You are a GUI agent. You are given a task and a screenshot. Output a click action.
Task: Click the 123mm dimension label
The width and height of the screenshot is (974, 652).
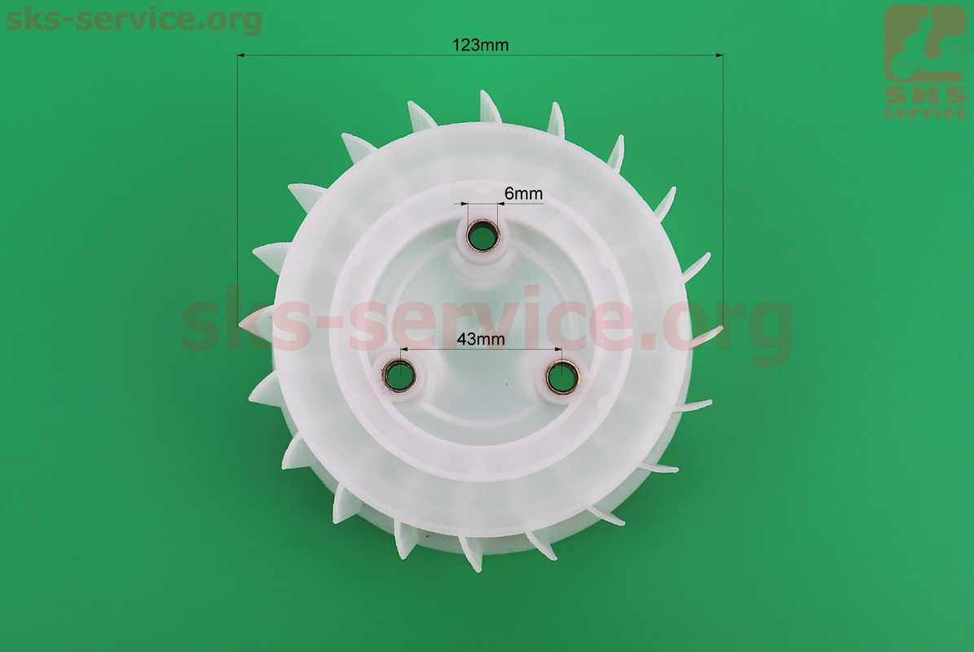click(x=480, y=45)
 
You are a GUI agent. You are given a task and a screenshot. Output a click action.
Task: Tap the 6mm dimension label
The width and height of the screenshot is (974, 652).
click(x=523, y=194)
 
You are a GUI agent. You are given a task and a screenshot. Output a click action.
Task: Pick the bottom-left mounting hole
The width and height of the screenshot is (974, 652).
click(x=399, y=376)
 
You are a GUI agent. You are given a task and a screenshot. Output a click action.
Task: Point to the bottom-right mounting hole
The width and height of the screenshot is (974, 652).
click(x=562, y=376)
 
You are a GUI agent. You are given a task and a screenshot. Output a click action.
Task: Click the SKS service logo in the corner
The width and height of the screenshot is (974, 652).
click(x=924, y=61)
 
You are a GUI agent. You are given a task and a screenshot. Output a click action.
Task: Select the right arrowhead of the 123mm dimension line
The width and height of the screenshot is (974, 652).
click(x=720, y=55)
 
